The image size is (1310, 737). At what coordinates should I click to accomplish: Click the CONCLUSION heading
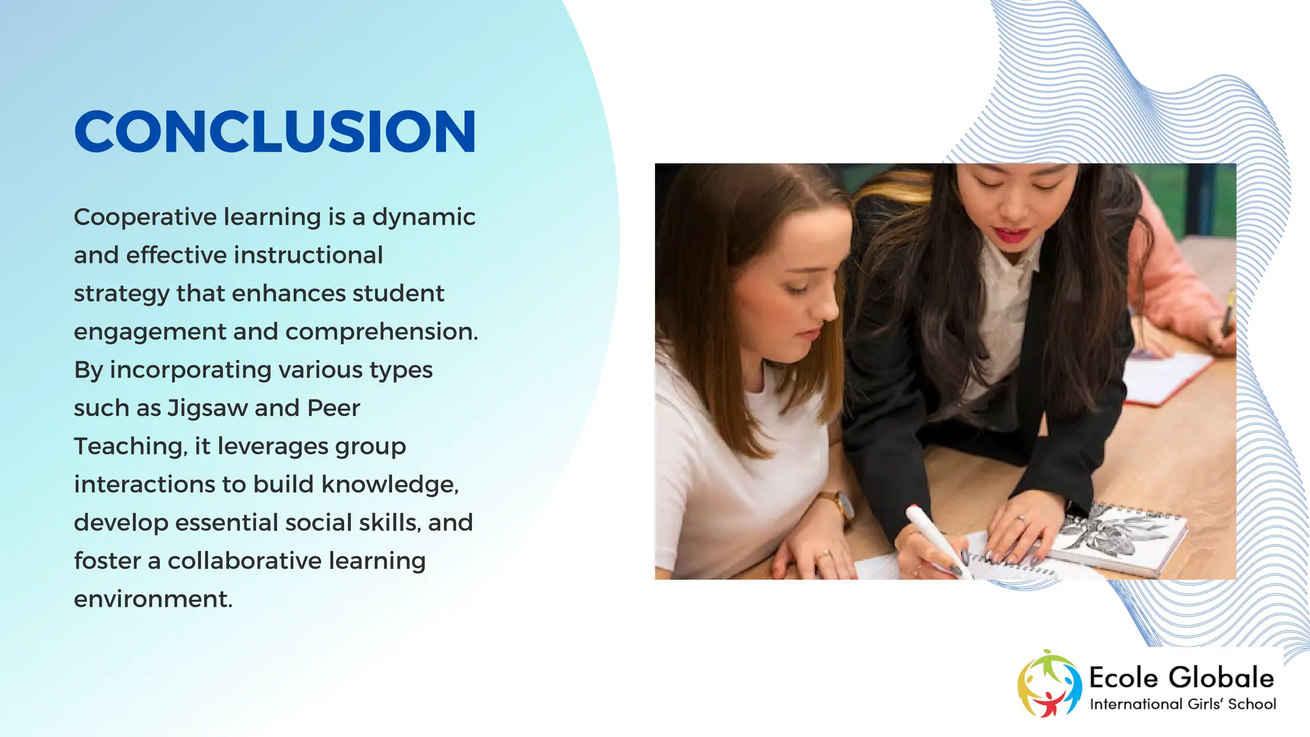point(275,132)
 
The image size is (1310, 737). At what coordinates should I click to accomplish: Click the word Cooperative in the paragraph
point(143,218)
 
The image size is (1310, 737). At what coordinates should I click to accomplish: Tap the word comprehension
point(381,332)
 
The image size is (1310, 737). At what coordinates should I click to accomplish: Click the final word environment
point(153,599)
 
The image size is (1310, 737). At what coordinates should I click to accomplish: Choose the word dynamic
point(423,218)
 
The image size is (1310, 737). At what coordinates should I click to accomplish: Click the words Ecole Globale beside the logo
point(1181,678)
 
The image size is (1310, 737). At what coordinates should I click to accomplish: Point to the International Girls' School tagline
point(1183,704)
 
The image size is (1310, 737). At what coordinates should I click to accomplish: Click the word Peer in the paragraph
point(333,408)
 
